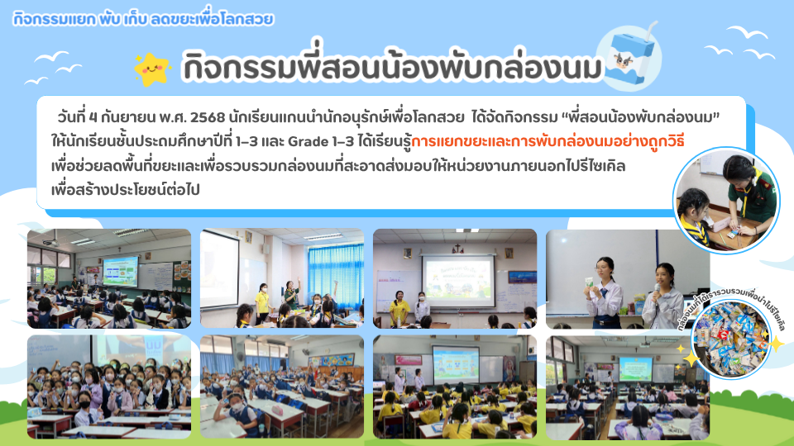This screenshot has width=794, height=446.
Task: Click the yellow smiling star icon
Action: (151, 69)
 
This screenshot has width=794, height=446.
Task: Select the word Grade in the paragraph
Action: (308, 141)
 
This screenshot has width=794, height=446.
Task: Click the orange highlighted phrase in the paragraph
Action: (548, 141)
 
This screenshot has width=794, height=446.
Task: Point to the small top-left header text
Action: (143, 19)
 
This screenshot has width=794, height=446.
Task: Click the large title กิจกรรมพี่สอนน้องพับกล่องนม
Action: (392, 66)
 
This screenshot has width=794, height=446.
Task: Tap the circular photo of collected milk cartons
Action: (730, 339)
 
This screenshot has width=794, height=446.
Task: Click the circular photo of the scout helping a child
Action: (727, 201)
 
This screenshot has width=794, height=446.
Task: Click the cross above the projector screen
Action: (457, 249)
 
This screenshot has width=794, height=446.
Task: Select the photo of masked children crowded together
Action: (109, 387)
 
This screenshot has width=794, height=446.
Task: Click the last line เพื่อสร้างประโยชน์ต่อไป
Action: (126, 190)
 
